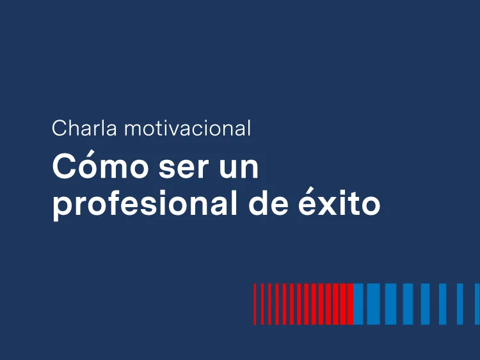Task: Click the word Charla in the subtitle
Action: point(84,128)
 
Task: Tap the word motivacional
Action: point(188,128)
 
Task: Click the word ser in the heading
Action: point(184,169)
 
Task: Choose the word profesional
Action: point(145,204)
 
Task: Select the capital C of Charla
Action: point(60,128)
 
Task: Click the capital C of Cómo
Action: point(64,167)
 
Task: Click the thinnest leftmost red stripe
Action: point(255,304)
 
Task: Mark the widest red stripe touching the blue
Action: point(350,304)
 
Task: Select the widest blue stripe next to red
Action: point(358,304)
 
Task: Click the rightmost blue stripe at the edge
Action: point(477,304)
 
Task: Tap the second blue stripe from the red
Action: point(374,304)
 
